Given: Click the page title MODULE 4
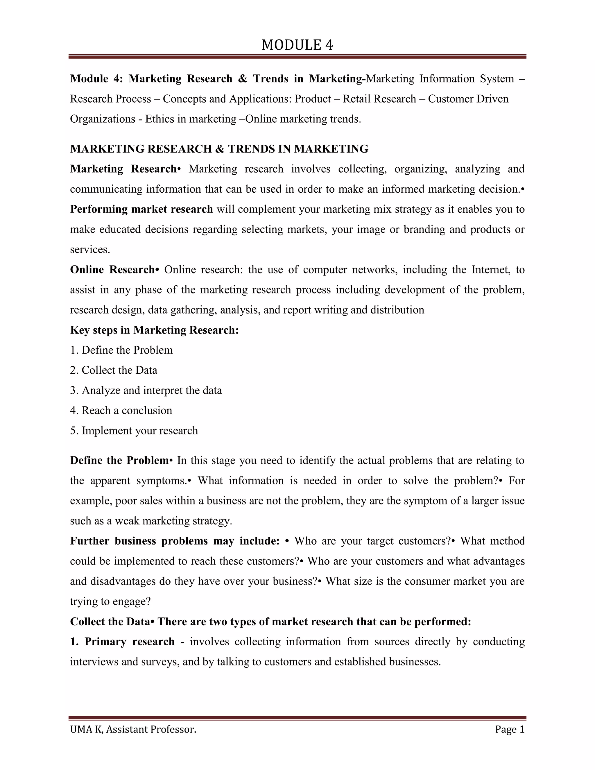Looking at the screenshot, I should [x=297, y=45].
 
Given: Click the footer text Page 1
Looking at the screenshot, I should [x=509, y=729].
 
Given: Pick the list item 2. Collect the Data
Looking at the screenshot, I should [x=114, y=370].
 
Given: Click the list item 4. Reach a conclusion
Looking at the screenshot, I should [x=121, y=410].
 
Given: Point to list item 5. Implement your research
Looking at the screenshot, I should [x=134, y=431].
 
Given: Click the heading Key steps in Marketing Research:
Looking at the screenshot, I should [x=154, y=330].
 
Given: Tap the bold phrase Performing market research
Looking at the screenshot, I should [x=141, y=209].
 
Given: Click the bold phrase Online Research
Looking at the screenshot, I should [x=112, y=270].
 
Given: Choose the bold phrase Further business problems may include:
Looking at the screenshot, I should [x=175, y=541].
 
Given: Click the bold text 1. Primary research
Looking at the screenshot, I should [x=122, y=641].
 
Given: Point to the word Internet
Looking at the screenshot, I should [x=490, y=270].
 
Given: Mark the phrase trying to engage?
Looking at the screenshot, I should [x=110, y=601].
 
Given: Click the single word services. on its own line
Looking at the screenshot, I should [x=90, y=250].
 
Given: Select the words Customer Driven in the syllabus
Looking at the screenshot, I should [x=468, y=99].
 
